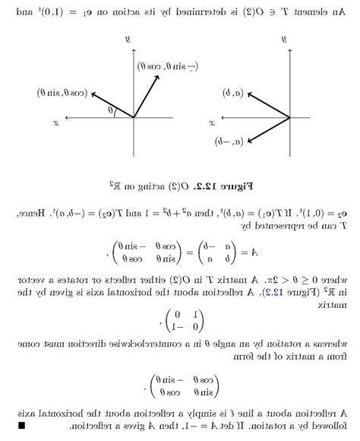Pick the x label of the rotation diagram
[56, 120]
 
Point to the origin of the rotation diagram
[134, 117]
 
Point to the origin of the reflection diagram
[290, 117]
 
